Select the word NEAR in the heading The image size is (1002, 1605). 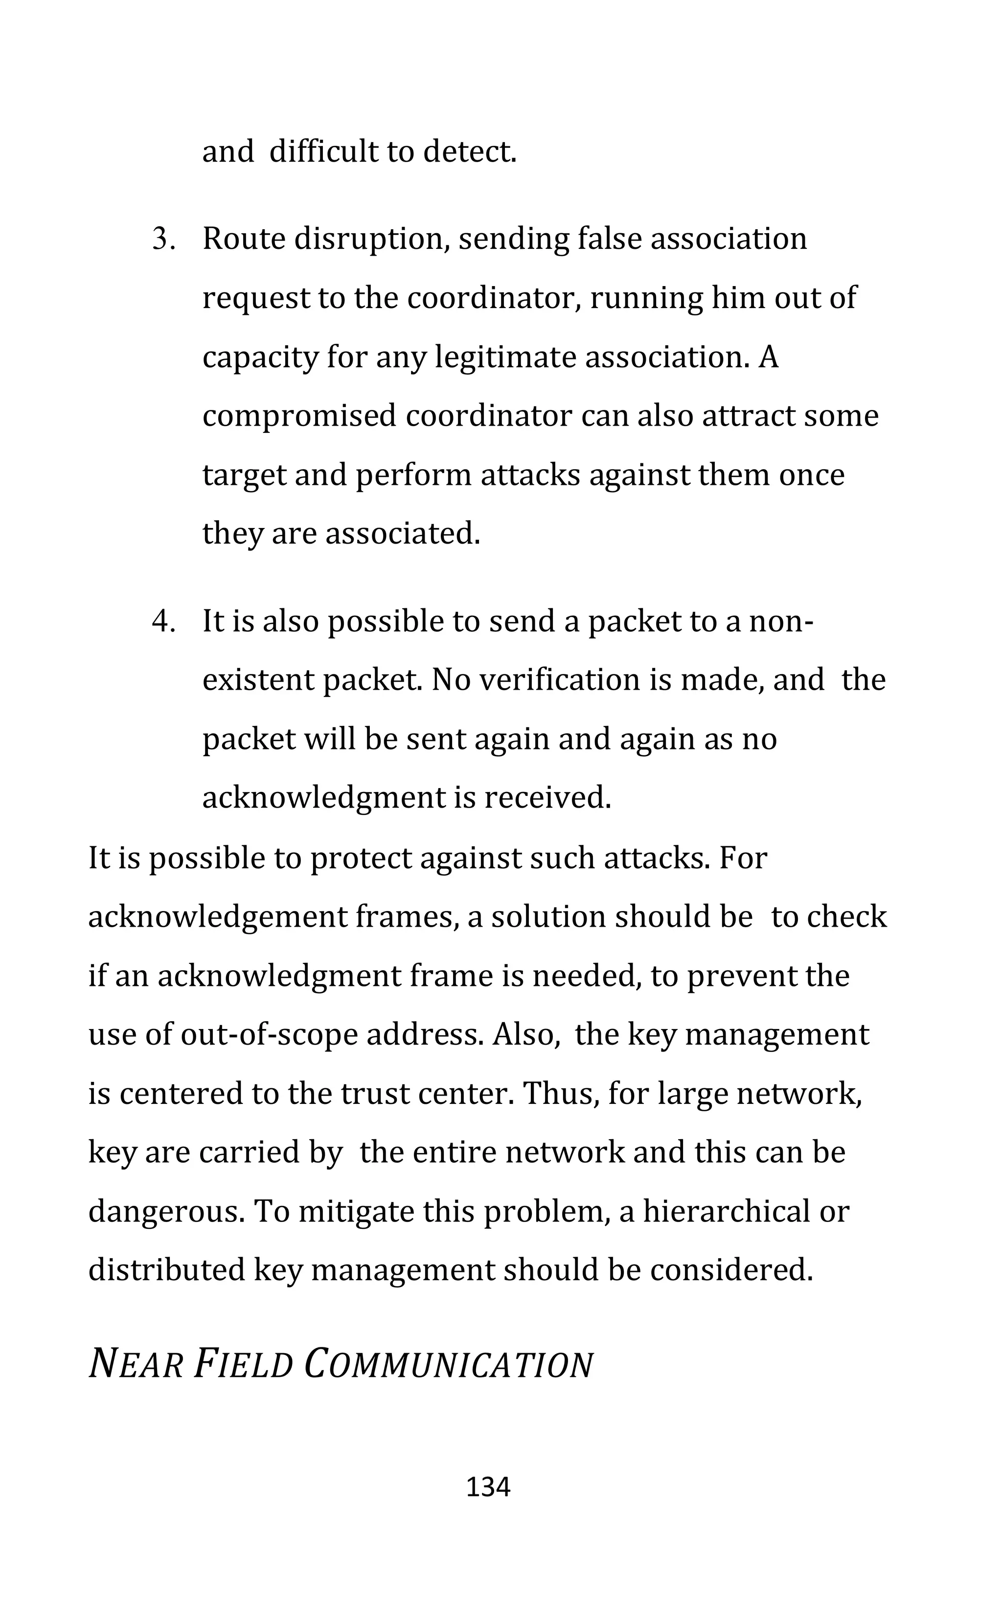(137, 1365)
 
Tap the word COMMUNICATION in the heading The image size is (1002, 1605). (448, 1365)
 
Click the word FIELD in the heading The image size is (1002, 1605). (243, 1365)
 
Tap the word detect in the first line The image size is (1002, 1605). (469, 152)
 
